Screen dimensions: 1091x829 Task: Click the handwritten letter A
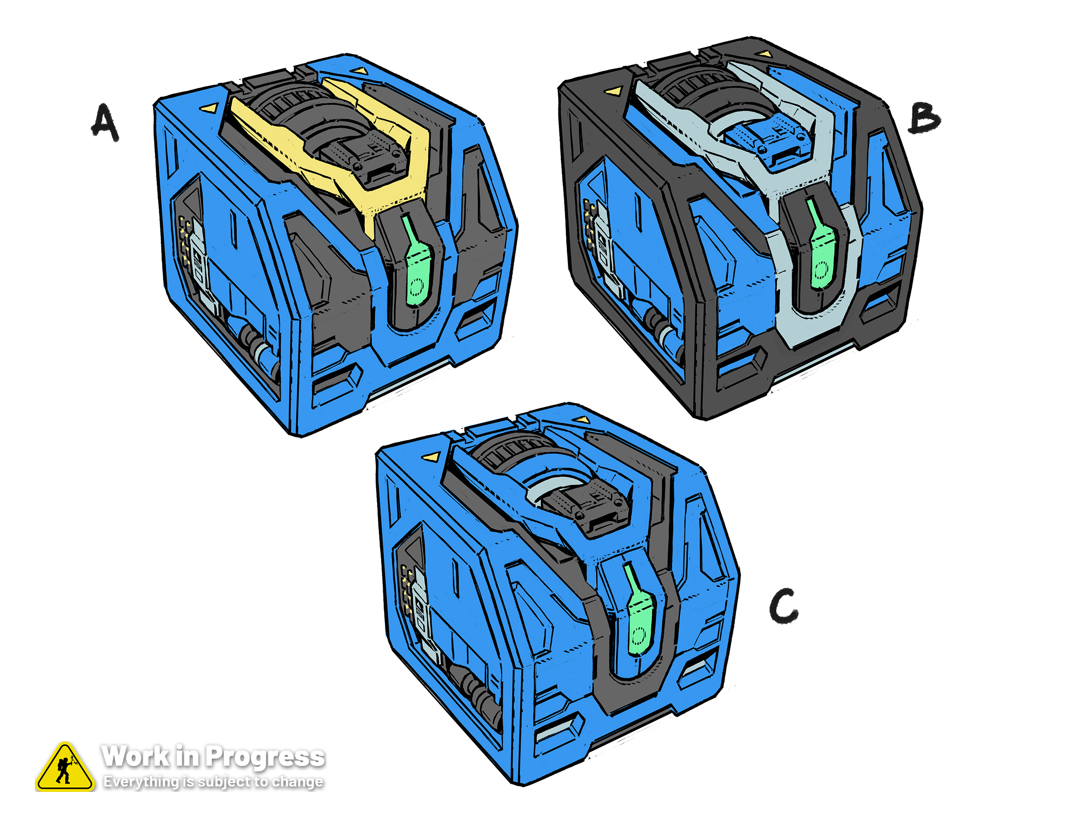105,122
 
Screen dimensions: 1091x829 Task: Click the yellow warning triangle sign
65,768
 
